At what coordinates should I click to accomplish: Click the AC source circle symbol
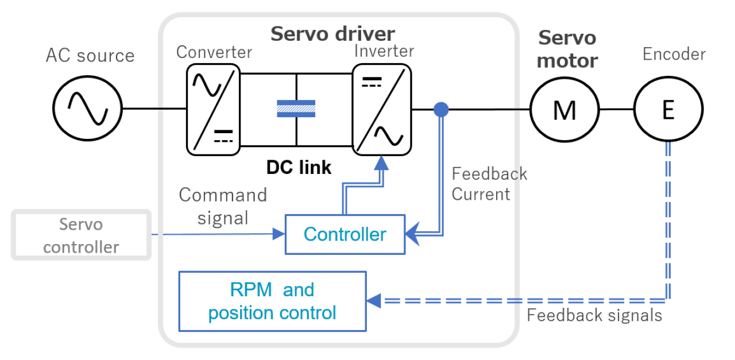[x=87, y=107]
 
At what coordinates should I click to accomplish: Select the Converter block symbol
[x=213, y=109]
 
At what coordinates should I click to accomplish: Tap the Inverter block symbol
[x=381, y=109]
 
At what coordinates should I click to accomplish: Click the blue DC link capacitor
[x=296, y=109]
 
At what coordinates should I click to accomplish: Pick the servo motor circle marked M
[x=564, y=109]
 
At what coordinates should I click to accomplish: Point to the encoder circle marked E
[x=668, y=109]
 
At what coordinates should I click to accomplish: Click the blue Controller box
[x=345, y=234]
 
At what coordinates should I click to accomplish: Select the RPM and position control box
[x=272, y=301]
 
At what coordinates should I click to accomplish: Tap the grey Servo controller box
[x=81, y=235]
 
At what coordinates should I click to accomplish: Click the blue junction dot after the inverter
[x=441, y=109]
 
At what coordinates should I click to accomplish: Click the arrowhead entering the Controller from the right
[x=412, y=234]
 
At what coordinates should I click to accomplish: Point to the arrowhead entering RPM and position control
[x=374, y=300]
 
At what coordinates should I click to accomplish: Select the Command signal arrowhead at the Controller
[x=279, y=234]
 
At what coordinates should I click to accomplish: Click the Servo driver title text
[x=332, y=33]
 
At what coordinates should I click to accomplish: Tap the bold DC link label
[x=299, y=167]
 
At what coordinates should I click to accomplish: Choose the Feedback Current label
[x=489, y=184]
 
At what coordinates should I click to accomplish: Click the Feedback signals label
[x=594, y=315]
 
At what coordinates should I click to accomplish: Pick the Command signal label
[x=223, y=206]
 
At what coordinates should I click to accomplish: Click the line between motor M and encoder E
[x=616, y=109]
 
